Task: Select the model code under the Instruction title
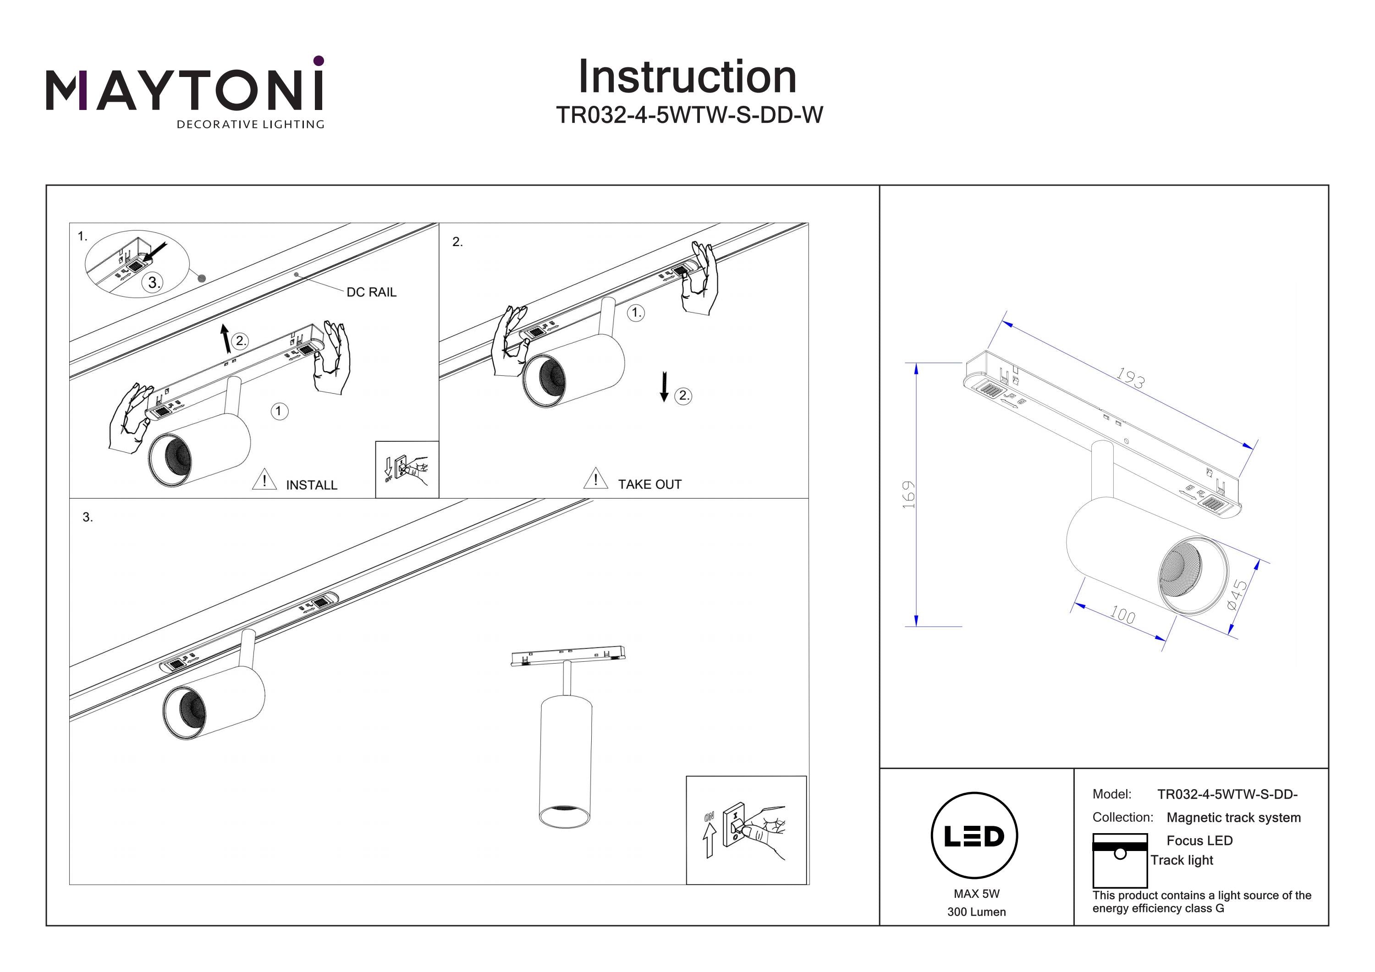pyautogui.click(x=689, y=115)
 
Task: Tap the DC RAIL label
pyautogui.click(x=371, y=292)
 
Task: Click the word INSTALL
pyautogui.click(x=311, y=485)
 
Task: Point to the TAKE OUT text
pyautogui.click(x=650, y=484)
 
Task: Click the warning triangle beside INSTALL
pyautogui.click(x=264, y=480)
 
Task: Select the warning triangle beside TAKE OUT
pyautogui.click(x=595, y=479)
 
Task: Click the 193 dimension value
pyautogui.click(x=1130, y=379)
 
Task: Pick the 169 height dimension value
pyautogui.click(x=908, y=494)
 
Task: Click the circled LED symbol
pyautogui.click(x=974, y=836)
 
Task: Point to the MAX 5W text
pyautogui.click(x=977, y=894)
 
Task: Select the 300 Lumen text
pyautogui.click(x=977, y=912)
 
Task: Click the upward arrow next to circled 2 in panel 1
pyautogui.click(x=225, y=338)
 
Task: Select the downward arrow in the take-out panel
pyautogui.click(x=664, y=387)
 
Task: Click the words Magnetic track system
pyautogui.click(x=1234, y=818)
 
